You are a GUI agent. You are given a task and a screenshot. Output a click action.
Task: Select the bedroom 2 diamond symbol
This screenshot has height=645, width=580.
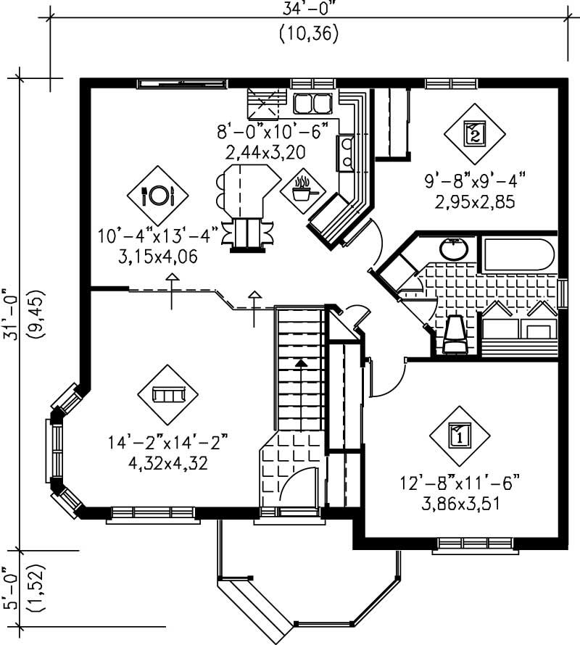pos(473,133)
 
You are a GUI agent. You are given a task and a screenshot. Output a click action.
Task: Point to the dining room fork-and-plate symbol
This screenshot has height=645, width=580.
pos(158,194)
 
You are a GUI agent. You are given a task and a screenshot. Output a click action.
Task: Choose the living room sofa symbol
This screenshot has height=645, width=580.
pos(168,394)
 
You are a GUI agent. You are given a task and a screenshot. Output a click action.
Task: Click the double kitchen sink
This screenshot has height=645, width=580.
pos(312,104)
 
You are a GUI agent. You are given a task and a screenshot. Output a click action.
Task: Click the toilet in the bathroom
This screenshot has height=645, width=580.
pos(455,336)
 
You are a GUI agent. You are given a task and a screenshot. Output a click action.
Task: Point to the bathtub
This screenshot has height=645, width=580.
pos(518,254)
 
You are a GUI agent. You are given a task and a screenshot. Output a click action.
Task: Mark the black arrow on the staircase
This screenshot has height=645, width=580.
pos(301,362)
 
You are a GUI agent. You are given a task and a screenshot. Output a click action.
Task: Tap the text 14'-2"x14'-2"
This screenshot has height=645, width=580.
pos(168,441)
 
